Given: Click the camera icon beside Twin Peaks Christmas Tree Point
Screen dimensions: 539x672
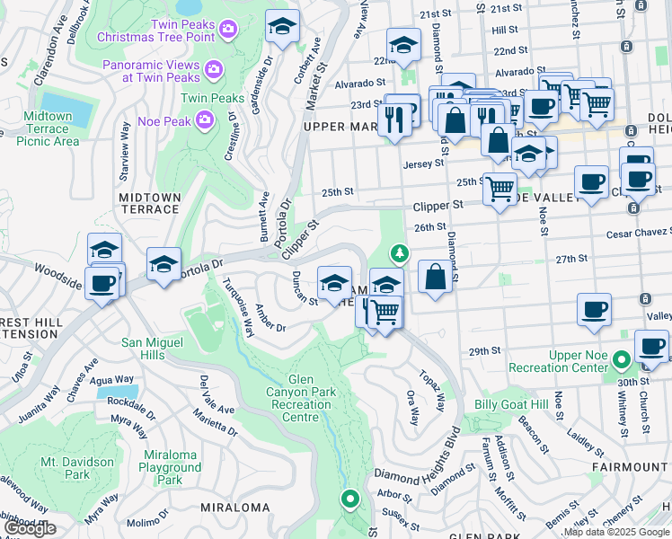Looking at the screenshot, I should pos(228,30).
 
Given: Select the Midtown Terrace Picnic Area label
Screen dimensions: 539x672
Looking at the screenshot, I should pos(48,128).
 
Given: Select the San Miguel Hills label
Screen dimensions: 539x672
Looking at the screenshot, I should pos(155,349).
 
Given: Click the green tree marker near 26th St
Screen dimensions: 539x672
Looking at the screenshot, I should pos(399,254).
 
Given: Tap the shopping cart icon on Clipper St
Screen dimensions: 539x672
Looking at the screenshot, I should pos(500,189).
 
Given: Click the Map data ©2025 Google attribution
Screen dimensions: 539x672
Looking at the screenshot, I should pos(615,532).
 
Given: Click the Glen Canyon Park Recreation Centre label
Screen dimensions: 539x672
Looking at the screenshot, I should pos(301,398).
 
